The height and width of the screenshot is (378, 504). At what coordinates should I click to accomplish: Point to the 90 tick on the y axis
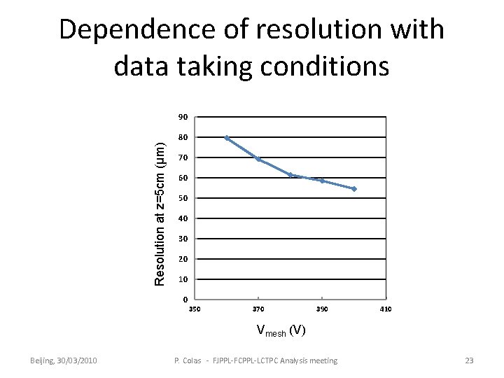182,116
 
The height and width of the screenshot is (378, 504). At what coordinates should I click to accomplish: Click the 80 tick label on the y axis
182,137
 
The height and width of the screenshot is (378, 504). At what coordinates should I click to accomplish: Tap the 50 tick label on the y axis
182,198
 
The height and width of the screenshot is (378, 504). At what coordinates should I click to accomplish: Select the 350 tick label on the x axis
195,309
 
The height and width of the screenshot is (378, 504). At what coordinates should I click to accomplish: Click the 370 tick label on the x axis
258,309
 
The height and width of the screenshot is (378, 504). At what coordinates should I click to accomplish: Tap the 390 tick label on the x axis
322,309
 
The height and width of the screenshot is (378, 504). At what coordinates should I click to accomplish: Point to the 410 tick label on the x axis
386,309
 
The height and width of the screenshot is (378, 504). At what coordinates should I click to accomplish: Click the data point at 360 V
227,138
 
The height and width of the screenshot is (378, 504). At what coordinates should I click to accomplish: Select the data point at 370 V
259,160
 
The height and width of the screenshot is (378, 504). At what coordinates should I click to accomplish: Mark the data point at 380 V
290,175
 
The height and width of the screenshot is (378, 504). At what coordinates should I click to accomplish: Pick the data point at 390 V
322,181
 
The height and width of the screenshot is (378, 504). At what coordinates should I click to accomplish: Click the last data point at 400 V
354,189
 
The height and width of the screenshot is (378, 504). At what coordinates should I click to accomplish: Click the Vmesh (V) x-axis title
279,331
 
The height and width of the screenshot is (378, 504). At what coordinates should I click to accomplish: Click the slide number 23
469,360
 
